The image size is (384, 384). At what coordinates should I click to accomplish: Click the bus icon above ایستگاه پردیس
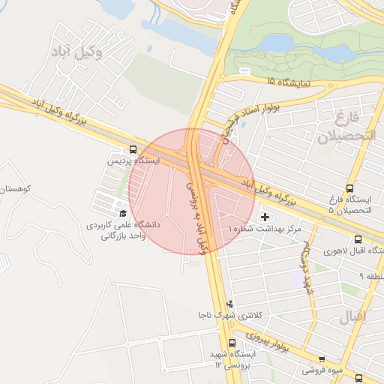pos(133,149)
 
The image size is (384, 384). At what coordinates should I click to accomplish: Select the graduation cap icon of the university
pos(122,214)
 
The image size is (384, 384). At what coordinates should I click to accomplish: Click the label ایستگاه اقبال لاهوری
pos(353,250)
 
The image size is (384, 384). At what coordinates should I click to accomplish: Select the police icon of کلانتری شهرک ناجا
pos(229,304)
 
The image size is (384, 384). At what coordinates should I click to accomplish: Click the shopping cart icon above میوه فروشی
pos(322,358)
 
